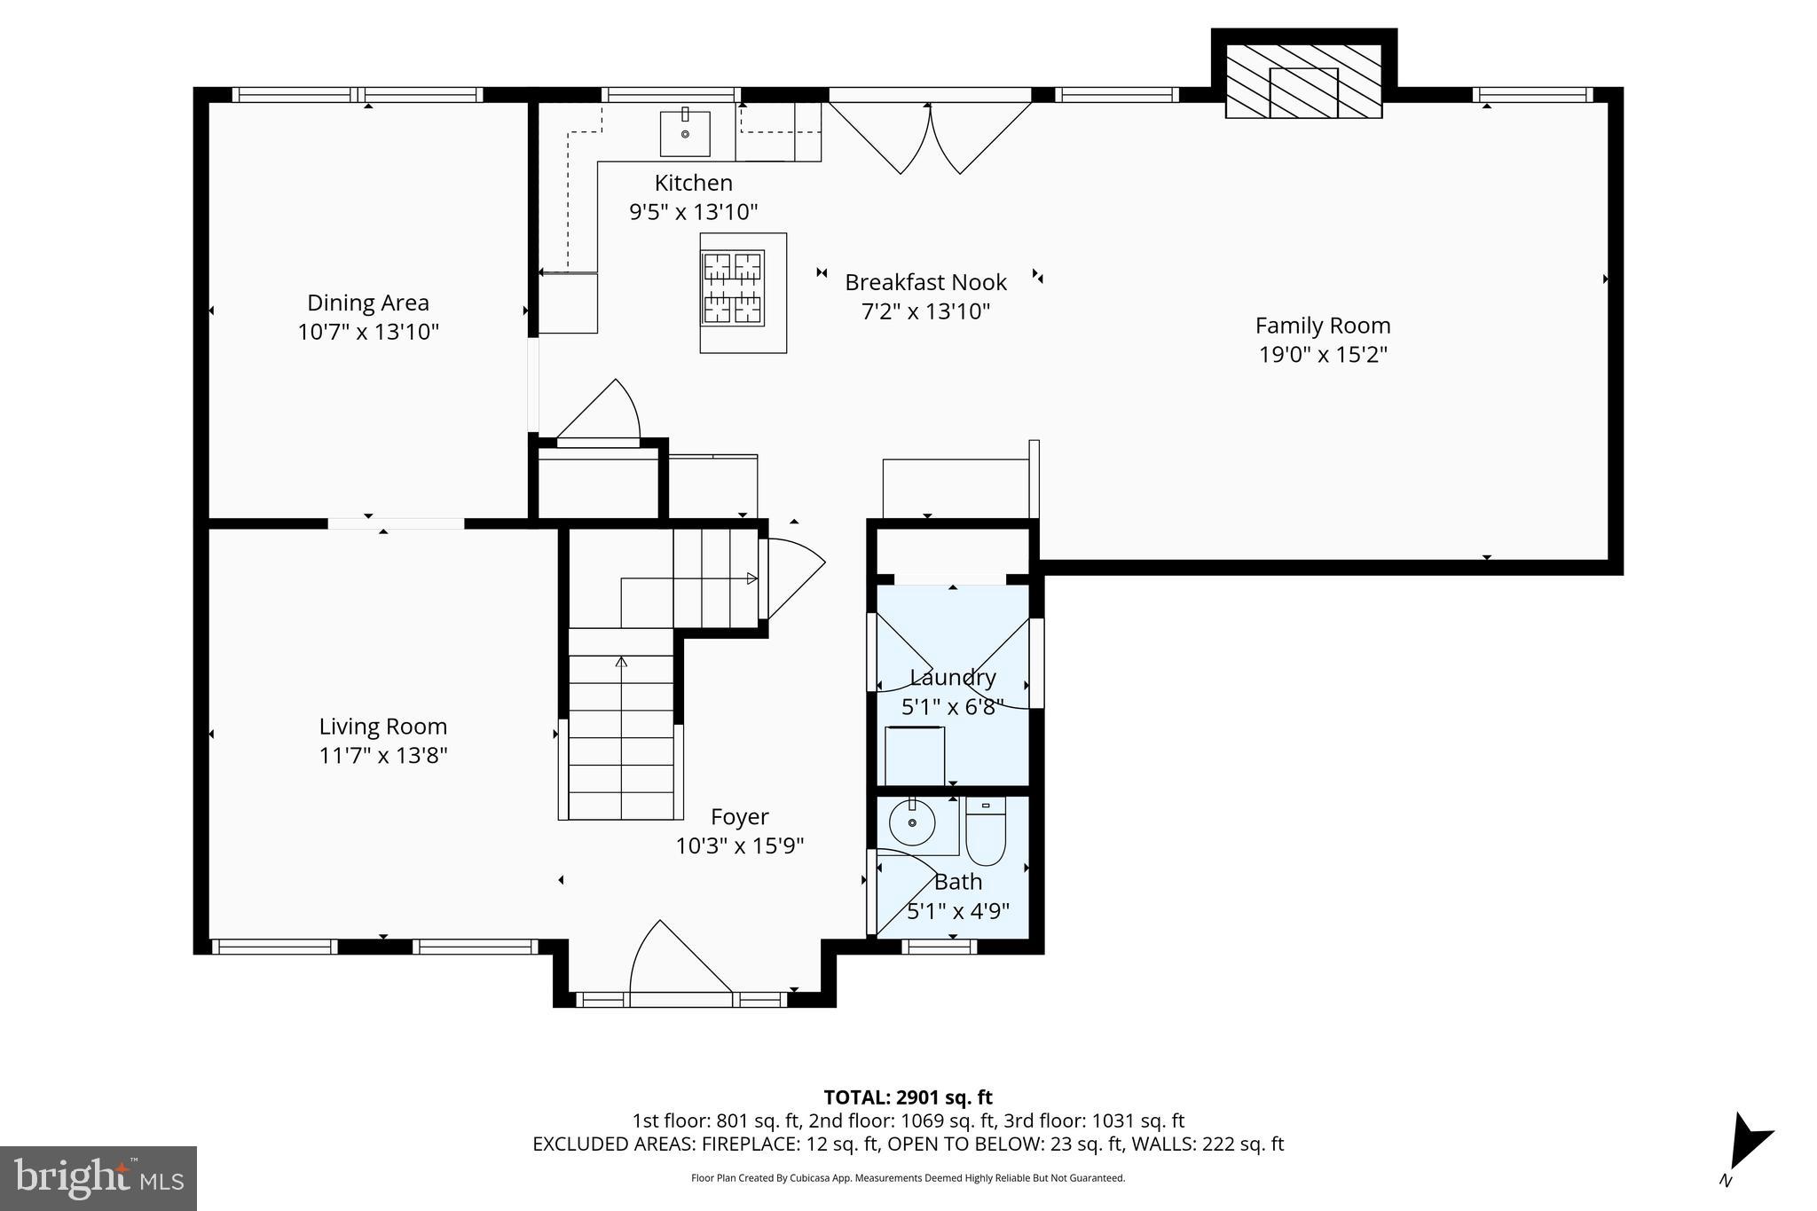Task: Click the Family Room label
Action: pyautogui.click(x=1322, y=326)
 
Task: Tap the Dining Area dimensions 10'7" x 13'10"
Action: pyautogui.click(x=368, y=332)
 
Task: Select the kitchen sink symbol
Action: pyautogui.click(x=685, y=132)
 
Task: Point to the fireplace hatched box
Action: pyautogui.click(x=1303, y=81)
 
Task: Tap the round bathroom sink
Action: pyautogui.click(x=911, y=825)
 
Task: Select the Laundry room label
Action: pyautogui.click(x=953, y=677)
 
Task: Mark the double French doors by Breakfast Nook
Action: pyautogui.click(x=930, y=138)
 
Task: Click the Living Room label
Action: pyautogui.click(x=382, y=727)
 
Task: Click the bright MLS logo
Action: pyautogui.click(x=98, y=1178)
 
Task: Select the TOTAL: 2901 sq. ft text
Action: pyautogui.click(x=908, y=1097)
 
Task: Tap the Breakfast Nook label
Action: pyautogui.click(x=925, y=282)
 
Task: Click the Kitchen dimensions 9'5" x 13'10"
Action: pyautogui.click(x=693, y=212)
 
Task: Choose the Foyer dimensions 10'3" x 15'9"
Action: pyautogui.click(x=739, y=845)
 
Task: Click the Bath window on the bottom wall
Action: pyautogui.click(x=940, y=947)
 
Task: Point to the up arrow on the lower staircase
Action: pyautogui.click(x=621, y=663)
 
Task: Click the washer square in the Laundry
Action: pyautogui.click(x=914, y=756)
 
